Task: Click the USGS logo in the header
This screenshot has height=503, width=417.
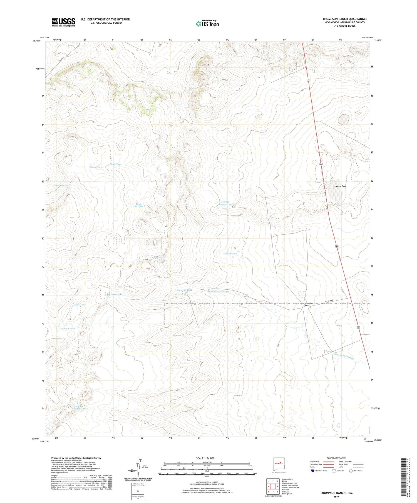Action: (63, 22)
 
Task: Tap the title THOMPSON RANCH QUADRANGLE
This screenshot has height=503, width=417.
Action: (344, 19)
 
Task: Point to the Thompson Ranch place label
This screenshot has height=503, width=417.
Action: (309, 304)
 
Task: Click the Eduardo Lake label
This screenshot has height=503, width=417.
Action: (115, 294)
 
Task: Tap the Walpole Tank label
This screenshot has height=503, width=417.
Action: (63, 185)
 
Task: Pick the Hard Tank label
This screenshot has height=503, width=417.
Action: (231, 254)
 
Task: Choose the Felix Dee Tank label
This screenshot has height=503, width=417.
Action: (138, 205)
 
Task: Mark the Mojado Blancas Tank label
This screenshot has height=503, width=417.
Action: (227, 203)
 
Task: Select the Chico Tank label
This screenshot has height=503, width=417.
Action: (96, 167)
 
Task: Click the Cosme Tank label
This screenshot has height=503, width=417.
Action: (79, 305)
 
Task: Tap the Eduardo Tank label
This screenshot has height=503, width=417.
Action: (184, 290)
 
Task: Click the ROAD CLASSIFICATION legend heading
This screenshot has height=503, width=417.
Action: (336, 458)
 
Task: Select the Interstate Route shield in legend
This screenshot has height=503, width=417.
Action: (313, 471)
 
